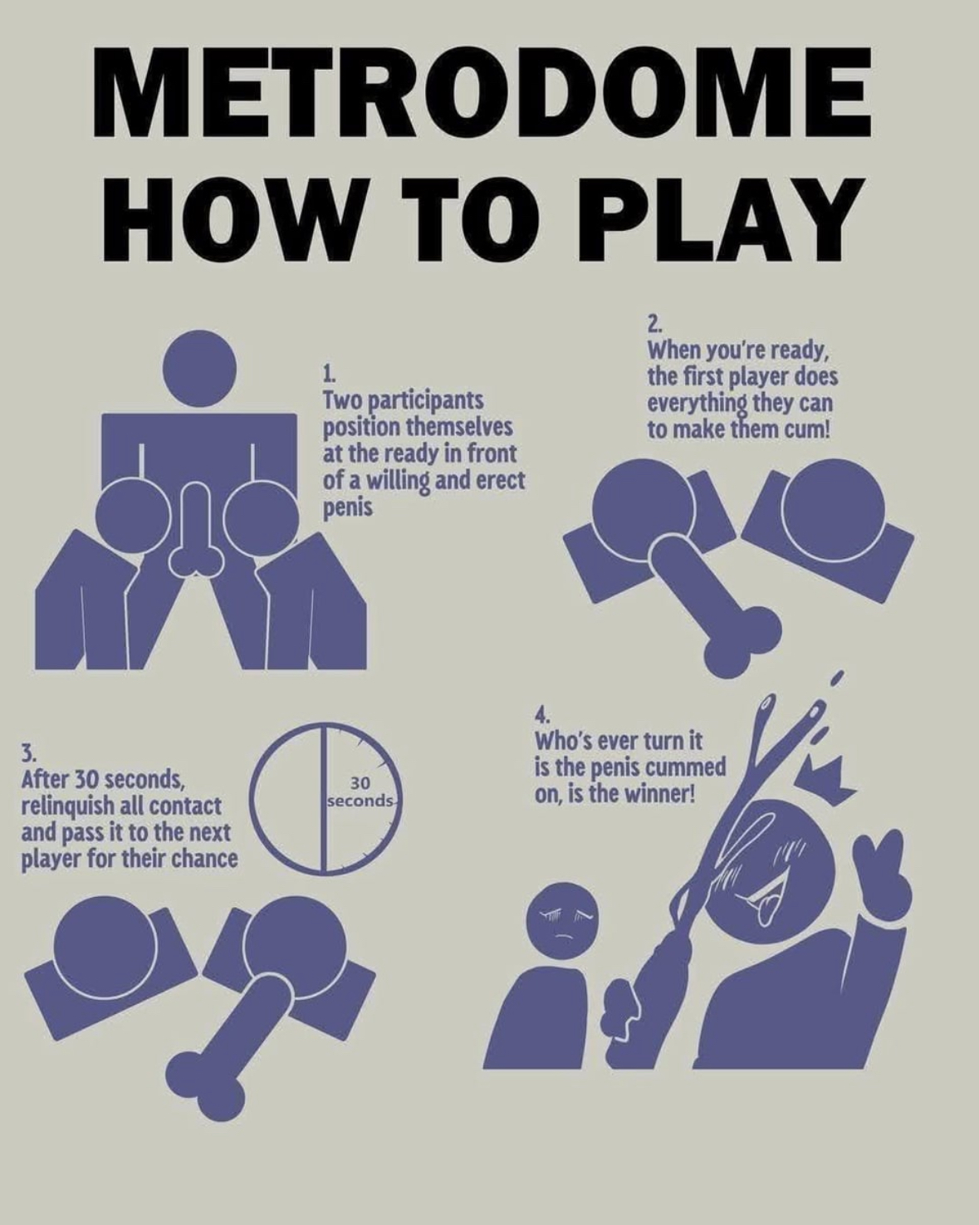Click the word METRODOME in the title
coord(482,93)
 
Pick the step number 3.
coord(28,755)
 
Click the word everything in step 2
coord(697,404)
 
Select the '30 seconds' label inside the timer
coord(361,793)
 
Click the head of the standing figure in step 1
coord(200,368)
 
